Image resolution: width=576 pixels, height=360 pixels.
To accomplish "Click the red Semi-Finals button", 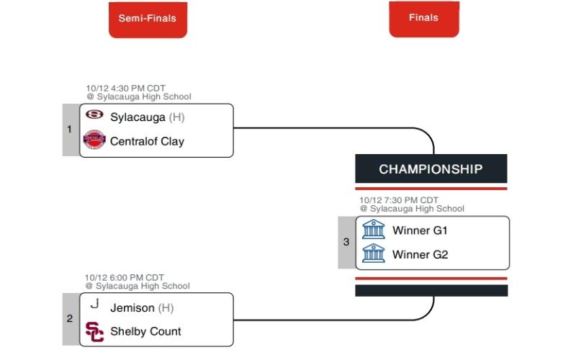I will [x=148, y=18].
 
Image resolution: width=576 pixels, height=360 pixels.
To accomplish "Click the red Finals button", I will [x=423, y=18].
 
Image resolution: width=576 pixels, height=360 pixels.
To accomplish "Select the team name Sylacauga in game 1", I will [x=138, y=117].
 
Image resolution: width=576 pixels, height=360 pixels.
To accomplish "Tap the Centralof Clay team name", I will [x=147, y=141].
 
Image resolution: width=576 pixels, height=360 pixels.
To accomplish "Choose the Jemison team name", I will [x=132, y=307].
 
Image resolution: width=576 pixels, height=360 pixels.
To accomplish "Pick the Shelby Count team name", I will [x=145, y=331].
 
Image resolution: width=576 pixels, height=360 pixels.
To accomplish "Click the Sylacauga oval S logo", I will [x=94, y=115].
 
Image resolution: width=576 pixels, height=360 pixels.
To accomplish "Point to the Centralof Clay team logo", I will [x=94, y=140].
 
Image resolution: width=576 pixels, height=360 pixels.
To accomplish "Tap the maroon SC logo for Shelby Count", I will [x=94, y=331].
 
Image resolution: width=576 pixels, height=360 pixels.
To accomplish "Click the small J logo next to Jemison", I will [x=94, y=305].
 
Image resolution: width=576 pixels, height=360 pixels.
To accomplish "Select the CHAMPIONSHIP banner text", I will [x=431, y=169].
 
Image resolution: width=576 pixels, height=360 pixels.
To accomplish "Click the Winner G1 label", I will [x=420, y=231].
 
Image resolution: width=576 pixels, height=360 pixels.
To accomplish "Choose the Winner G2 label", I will [x=420, y=255].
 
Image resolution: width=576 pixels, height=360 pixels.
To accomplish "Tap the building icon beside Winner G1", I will [x=374, y=230].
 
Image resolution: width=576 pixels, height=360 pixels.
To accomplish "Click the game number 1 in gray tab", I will [x=70, y=130].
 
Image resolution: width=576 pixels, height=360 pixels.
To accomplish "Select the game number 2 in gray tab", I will [x=70, y=318].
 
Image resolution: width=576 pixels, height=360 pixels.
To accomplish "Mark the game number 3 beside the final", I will [x=346, y=243].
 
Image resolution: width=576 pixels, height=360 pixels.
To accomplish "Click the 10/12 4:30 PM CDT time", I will [x=126, y=89].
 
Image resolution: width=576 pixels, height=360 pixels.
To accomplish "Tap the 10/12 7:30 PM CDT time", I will [x=399, y=201].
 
